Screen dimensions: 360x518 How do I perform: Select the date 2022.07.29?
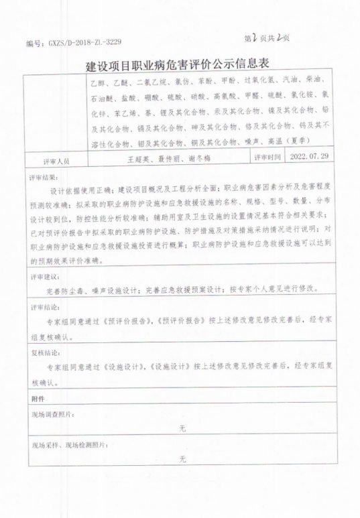[x=310, y=157]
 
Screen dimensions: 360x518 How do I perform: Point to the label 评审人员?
[x=56, y=161]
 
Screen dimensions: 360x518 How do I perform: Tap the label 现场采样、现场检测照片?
[x=70, y=445]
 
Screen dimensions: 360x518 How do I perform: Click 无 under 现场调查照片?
[x=182, y=429]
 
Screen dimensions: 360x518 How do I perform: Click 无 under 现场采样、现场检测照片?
[x=182, y=460]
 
